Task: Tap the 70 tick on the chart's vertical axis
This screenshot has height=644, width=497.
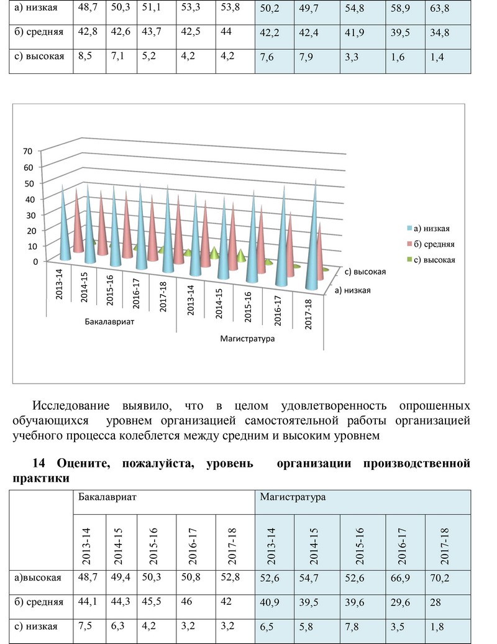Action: pos(27,151)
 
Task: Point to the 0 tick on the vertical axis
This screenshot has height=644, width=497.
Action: pos(35,262)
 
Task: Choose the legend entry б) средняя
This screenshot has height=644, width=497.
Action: pos(431,244)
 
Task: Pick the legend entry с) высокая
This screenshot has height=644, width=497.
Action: pos(431,260)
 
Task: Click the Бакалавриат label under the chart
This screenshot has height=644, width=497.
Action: pos(109,321)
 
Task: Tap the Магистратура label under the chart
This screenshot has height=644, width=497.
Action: pos(247,339)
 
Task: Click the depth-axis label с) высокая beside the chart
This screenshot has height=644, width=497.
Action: pos(365,272)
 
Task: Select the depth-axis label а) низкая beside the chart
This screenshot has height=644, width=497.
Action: pos(352,290)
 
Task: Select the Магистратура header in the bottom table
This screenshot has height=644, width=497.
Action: pos(293,497)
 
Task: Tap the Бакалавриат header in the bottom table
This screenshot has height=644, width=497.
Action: pos(107,497)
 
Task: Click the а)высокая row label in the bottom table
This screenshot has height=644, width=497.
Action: pos(38,578)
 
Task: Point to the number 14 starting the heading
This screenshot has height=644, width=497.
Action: pos(39,463)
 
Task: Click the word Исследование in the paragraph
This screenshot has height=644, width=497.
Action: pos(71,406)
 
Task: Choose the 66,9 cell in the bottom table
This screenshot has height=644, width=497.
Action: pos(400,578)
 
